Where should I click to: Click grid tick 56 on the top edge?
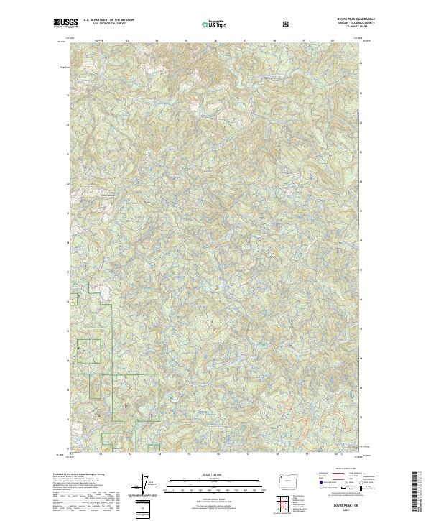click(215, 41)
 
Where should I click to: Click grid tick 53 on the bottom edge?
click(130, 453)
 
